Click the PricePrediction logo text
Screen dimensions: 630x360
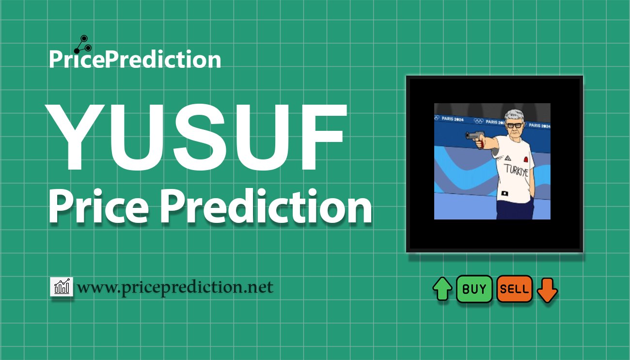click(135, 59)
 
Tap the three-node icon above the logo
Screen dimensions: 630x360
click(83, 45)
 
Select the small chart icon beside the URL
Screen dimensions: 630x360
click(62, 286)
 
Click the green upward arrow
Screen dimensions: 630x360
click(442, 289)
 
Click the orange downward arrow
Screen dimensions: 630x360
click(547, 290)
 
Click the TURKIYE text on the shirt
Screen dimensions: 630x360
click(517, 171)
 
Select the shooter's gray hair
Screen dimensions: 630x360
click(514, 116)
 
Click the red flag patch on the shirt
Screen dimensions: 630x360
click(525, 160)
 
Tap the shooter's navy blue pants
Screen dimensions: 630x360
click(514, 209)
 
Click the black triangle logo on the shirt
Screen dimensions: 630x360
click(507, 158)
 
